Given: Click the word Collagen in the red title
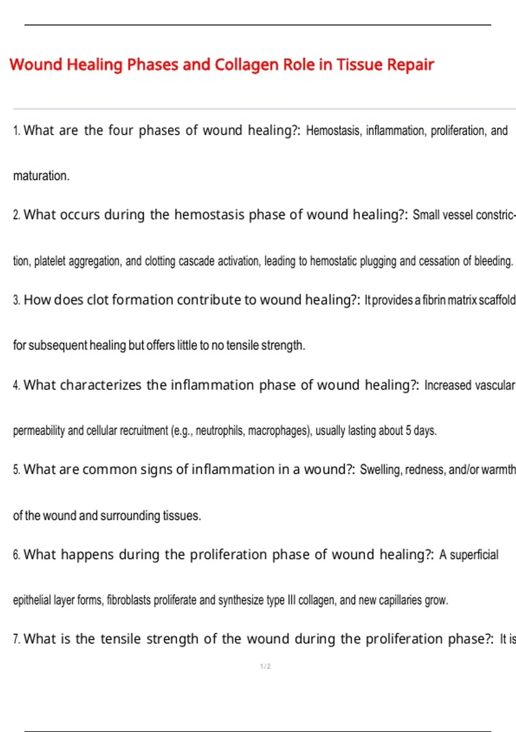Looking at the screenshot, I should pyautogui.click(x=246, y=65).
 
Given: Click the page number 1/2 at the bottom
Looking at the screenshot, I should pyautogui.click(x=265, y=667).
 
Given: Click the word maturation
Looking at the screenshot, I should pyautogui.click(x=41, y=176).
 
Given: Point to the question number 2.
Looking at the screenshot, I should pyautogui.click(x=16, y=215).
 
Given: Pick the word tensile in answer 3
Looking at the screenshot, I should pyautogui.click(x=242, y=345).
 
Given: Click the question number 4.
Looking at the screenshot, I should pyautogui.click(x=16, y=385).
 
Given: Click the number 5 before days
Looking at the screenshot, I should pyautogui.click(x=408, y=431).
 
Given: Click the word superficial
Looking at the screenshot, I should pyautogui.click(x=474, y=555).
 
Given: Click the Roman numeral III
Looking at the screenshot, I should pyautogui.click(x=292, y=600).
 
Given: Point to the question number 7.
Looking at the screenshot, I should pyautogui.click(x=16, y=639).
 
